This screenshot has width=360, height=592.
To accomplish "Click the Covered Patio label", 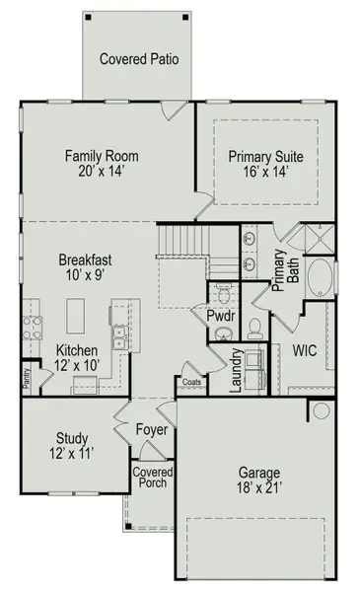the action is pos(139,59).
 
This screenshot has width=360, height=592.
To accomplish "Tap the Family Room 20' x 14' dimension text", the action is pos(102,172).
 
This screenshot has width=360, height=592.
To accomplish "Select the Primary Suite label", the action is pos(265,156).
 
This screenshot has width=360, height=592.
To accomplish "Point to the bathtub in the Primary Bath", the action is pos(321,277).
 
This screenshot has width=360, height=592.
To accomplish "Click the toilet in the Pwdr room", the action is pos(223,294).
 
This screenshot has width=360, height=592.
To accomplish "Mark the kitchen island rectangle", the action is pos(76,316).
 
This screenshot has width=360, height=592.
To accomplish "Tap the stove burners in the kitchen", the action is pos(33,329).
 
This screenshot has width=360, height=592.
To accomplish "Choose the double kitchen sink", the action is pos(120,337).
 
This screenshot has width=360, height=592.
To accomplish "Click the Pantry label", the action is pos(26,378).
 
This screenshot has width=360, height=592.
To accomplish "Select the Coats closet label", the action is pos(191,382).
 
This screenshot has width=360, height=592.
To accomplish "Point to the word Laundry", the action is pos(236,370).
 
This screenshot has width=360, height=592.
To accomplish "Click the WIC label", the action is pos(305,350).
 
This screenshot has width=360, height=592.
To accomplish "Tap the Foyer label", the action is pos(152,430).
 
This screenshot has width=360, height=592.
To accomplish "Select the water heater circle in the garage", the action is pos(322,410).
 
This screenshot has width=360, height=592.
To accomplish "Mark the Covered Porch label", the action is pos(153,478).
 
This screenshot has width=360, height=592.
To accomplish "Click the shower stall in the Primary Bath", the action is pos(320,239).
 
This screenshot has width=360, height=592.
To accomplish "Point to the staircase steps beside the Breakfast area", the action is pos(183,240).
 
